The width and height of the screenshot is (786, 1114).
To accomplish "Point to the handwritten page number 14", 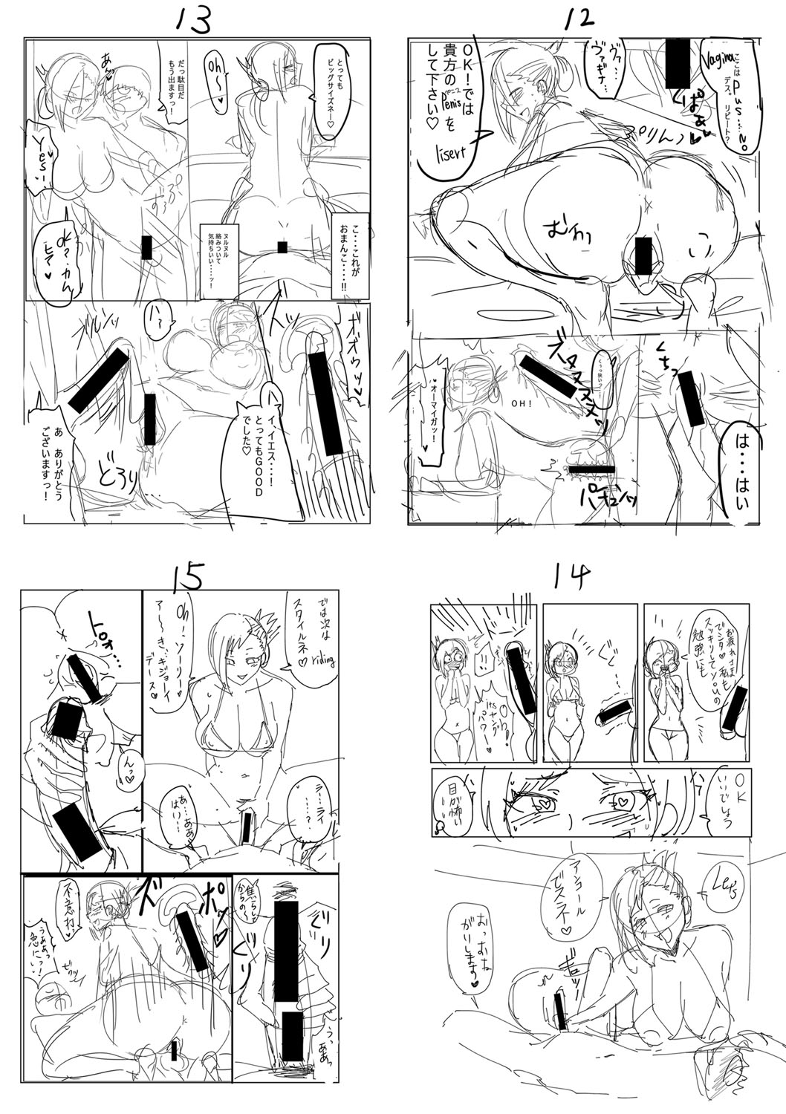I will coord(575,576).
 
